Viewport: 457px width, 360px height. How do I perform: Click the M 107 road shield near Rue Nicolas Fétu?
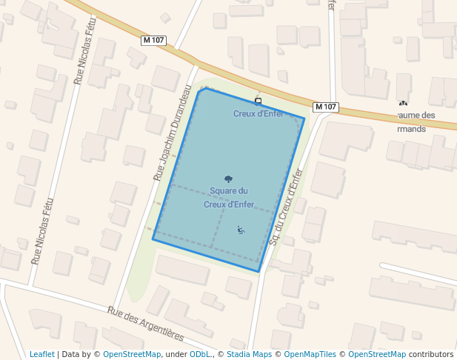(x=153, y=40)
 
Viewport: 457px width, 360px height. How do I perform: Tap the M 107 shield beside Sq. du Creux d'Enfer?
(x=326, y=107)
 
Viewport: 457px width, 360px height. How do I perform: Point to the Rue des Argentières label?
(x=145, y=324)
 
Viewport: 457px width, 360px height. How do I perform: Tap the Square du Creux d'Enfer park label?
(x=228, y=198)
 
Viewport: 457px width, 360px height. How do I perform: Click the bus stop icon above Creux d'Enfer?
(x=258, y=101)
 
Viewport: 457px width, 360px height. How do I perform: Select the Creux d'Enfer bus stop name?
(x=258, y=113)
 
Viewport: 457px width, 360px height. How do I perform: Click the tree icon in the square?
(x=228, y=179)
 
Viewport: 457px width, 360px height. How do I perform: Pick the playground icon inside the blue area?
(x=241, y=229)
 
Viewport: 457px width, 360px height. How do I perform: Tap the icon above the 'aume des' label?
(x=403, y=104)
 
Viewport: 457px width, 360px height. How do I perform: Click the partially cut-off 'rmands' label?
(x=410, y=127)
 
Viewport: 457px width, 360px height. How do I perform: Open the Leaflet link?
(x=41, y=354)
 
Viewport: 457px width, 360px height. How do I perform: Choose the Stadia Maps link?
(x=247, y=354)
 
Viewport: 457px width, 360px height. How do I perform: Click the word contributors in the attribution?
(x=430, y=354)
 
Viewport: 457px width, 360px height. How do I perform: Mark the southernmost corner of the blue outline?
(x=258, y=271)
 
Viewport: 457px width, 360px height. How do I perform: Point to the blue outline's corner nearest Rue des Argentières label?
(x=153, y=239)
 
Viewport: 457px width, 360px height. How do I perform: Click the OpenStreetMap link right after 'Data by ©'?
(x=132, y=354)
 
